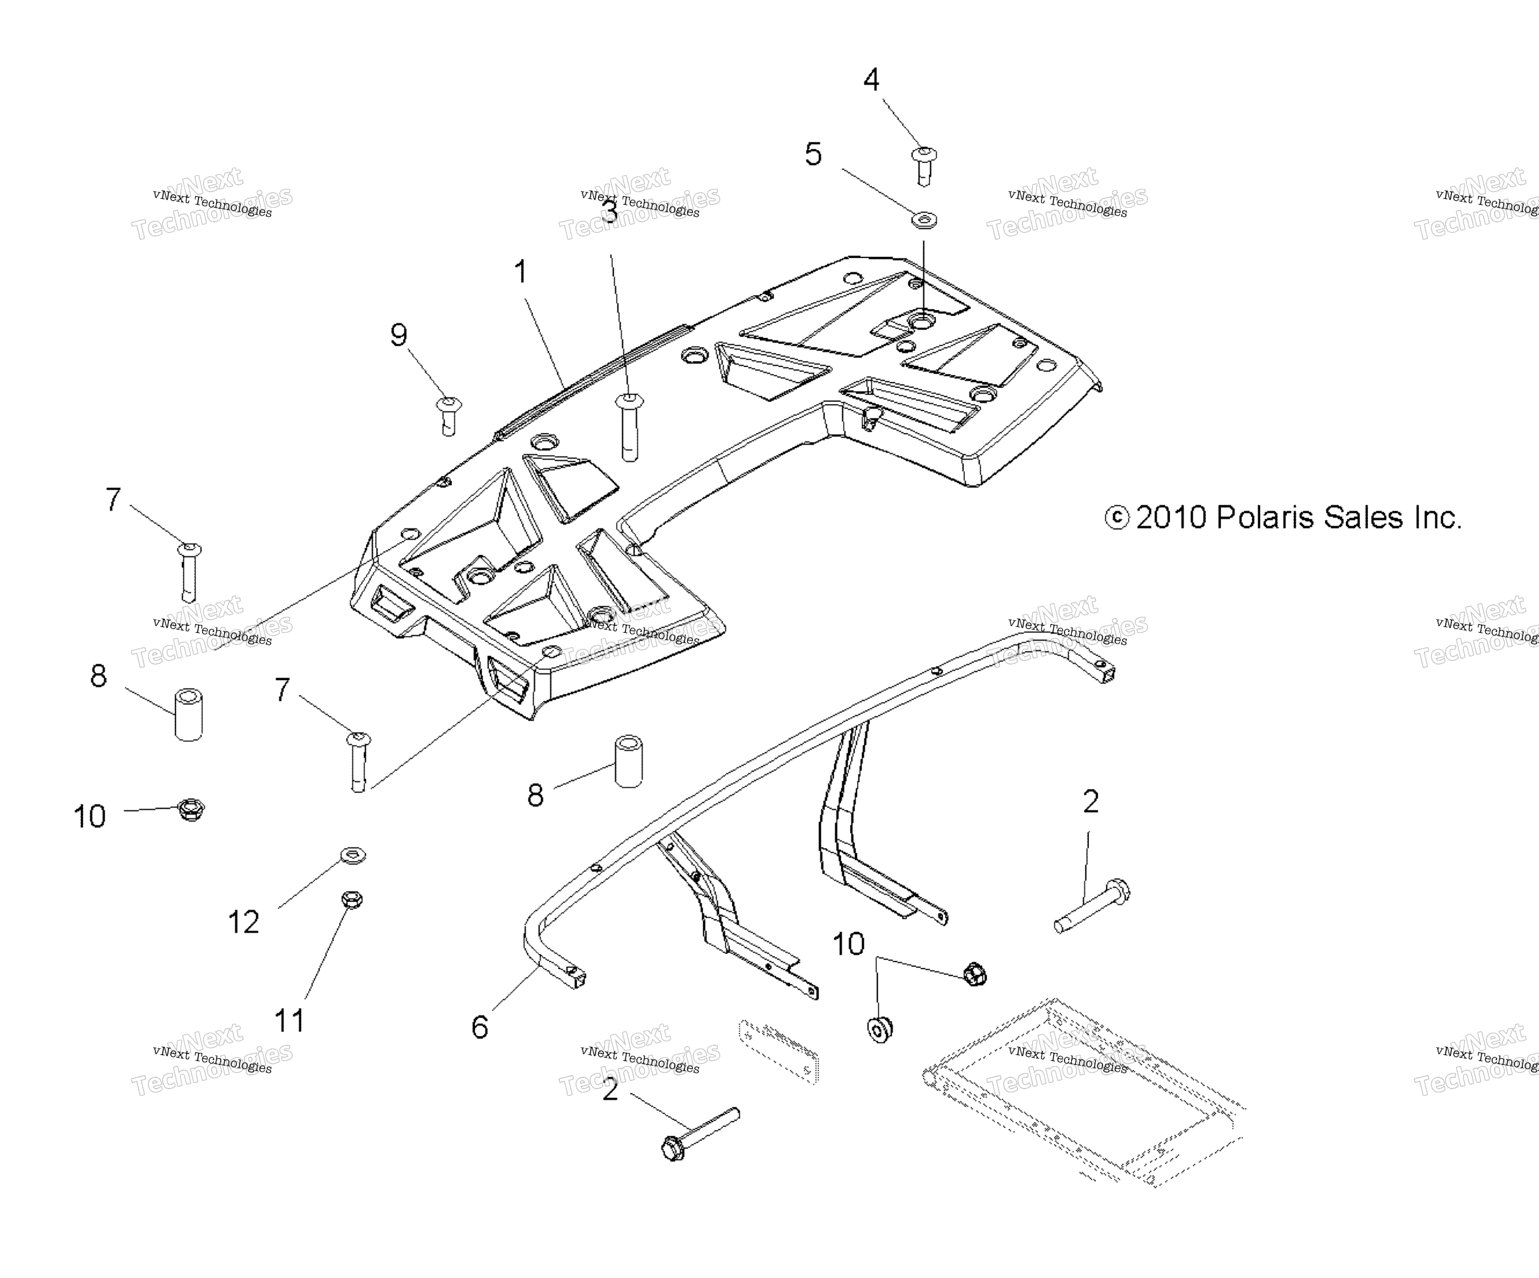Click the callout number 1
click(520, 272)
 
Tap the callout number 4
click(871, 79)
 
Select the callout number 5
click(813, 154)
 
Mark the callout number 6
click(479, 1027)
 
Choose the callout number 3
click(610, 212)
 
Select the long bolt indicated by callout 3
click(629, 427)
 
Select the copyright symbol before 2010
click(1117, 518)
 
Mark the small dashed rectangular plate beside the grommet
click(778, 1050)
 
